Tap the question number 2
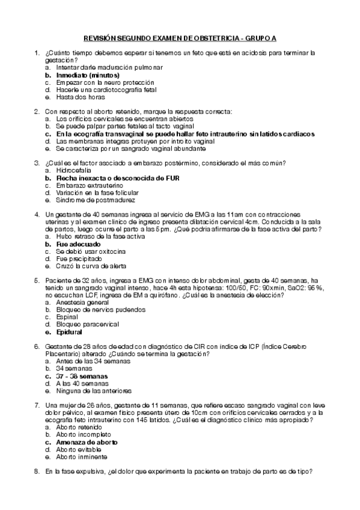pos(37,111)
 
